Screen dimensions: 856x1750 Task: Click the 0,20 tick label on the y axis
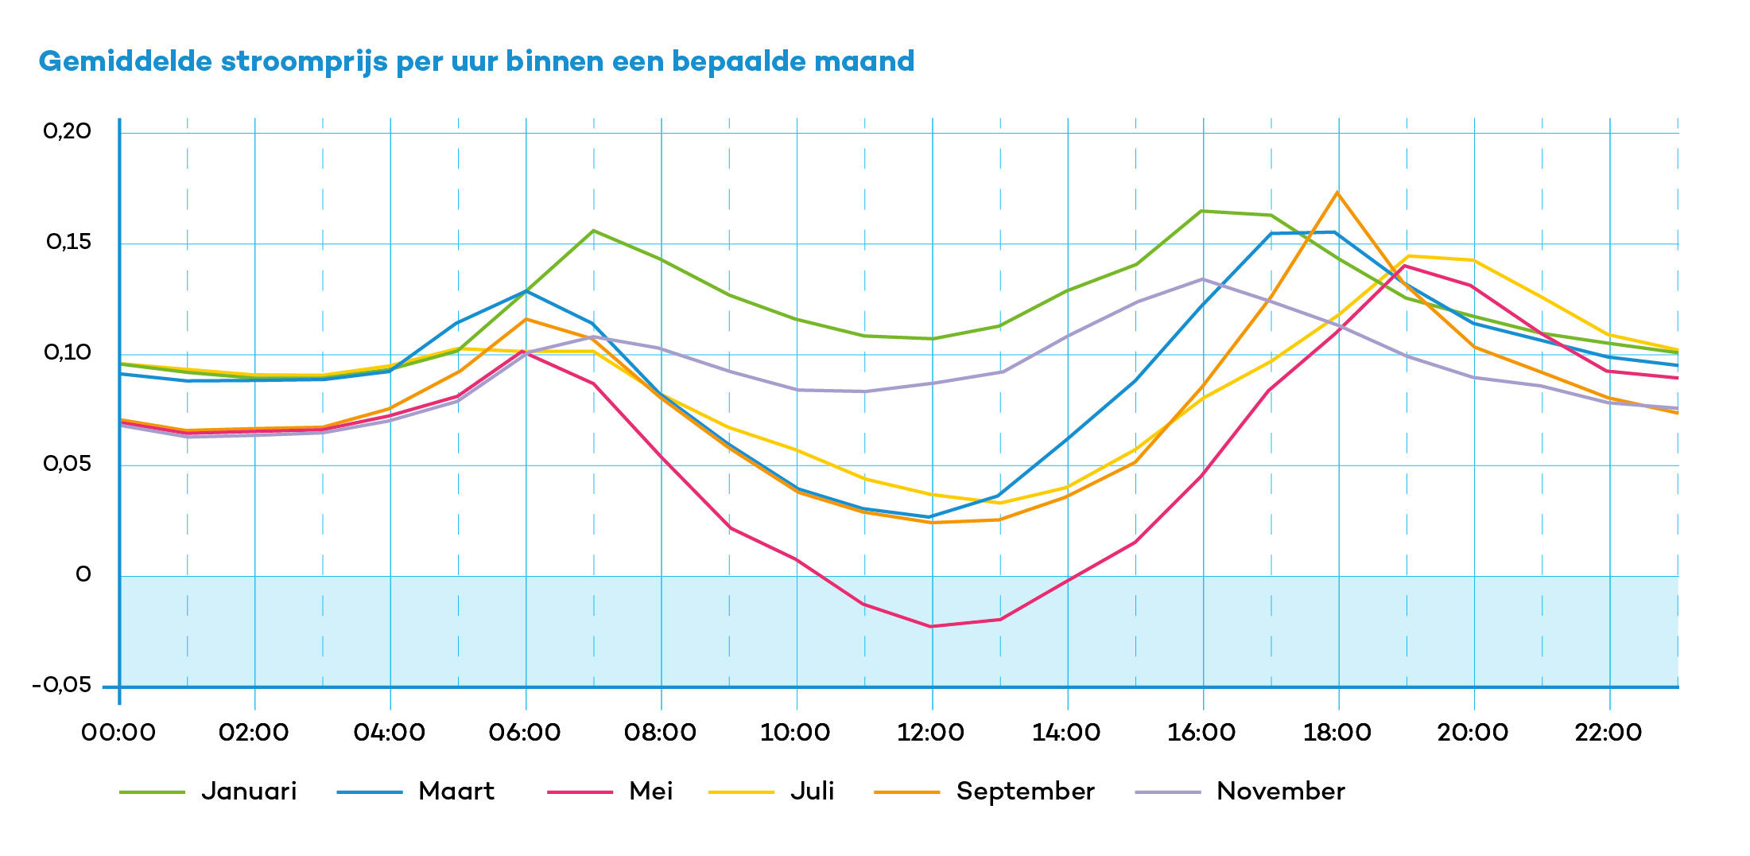68,131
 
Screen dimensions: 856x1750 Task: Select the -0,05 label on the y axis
62,686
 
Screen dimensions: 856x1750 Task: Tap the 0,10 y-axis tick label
68,352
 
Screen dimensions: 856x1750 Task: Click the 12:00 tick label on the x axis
931,733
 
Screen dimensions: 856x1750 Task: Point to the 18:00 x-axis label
1337,733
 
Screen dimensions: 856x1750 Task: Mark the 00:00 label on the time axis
118,733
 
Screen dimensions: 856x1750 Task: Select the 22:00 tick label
1608,733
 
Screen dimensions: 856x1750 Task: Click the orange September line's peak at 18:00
1337,193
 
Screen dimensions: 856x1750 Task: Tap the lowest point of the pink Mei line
931,626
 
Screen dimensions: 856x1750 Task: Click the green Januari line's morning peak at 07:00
593,231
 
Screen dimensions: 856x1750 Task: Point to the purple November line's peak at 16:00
1203,279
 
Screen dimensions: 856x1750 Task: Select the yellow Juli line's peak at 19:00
1408,256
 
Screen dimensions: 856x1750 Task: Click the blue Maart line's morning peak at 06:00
526,291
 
